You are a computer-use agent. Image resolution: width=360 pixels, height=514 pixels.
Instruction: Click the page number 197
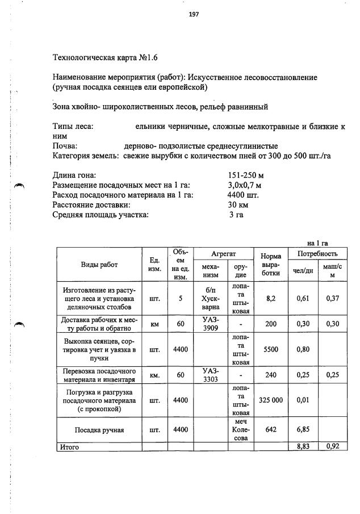point(194,14)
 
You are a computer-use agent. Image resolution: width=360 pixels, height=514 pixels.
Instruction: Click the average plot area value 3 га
point(236,214)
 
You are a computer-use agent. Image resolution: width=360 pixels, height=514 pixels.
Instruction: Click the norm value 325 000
point(270,400)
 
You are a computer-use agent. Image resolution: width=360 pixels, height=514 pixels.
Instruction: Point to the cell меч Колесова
point(241,430)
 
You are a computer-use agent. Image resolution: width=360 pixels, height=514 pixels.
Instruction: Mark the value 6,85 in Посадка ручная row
point(304,430)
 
